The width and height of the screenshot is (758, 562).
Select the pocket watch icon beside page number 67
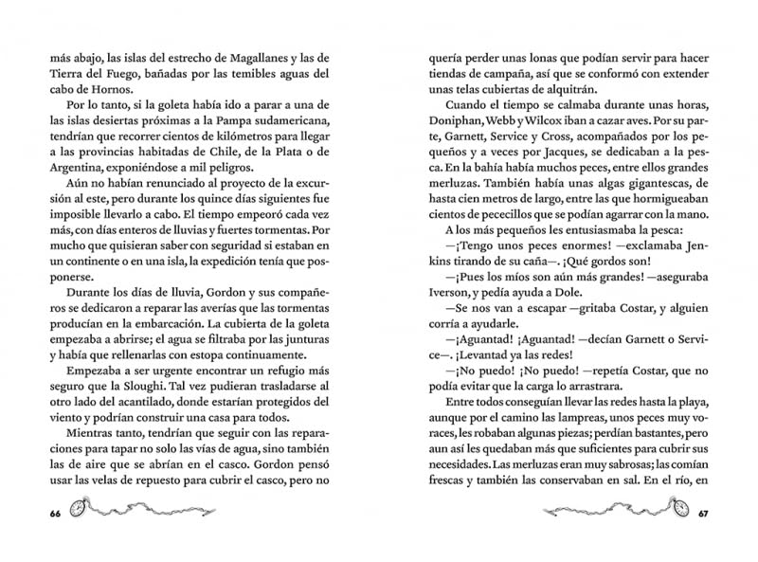coord(674,507)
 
